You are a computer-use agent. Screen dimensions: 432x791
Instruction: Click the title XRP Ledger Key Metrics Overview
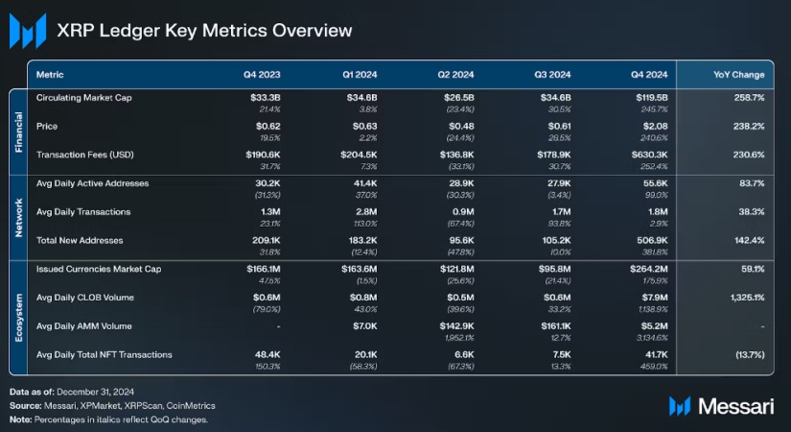(205, 31)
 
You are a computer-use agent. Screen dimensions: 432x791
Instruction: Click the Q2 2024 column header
(457, 74)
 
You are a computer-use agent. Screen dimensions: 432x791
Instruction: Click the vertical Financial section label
(17, 131)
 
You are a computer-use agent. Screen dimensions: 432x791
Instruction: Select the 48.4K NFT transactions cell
(263, 355)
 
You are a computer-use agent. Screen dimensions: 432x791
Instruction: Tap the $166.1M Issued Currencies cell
(259, 269)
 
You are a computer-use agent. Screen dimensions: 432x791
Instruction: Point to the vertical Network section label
(17, 216)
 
